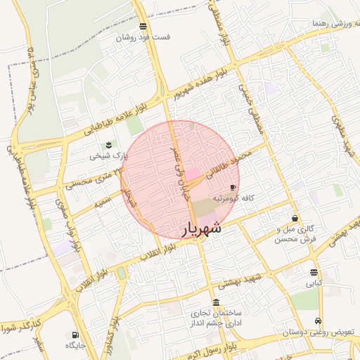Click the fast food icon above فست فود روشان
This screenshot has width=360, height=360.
click(143, 26)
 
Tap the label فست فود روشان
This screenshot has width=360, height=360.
click(144, 37)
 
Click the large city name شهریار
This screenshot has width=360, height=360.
click(202, 229)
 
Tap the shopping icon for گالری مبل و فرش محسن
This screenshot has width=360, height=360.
click(294, 217)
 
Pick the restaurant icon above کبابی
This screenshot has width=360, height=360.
click(313, 273)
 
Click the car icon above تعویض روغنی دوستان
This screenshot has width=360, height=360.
click(319, 319)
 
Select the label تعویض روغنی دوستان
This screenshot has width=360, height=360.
click(318, 330)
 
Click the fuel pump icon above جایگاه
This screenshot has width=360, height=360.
click(75, 335)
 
